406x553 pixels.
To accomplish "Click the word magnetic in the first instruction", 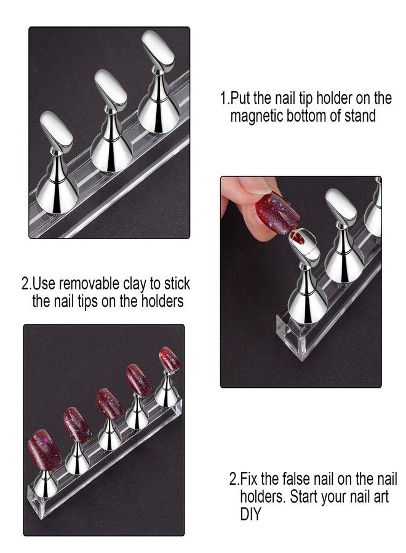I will coord(258,116).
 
